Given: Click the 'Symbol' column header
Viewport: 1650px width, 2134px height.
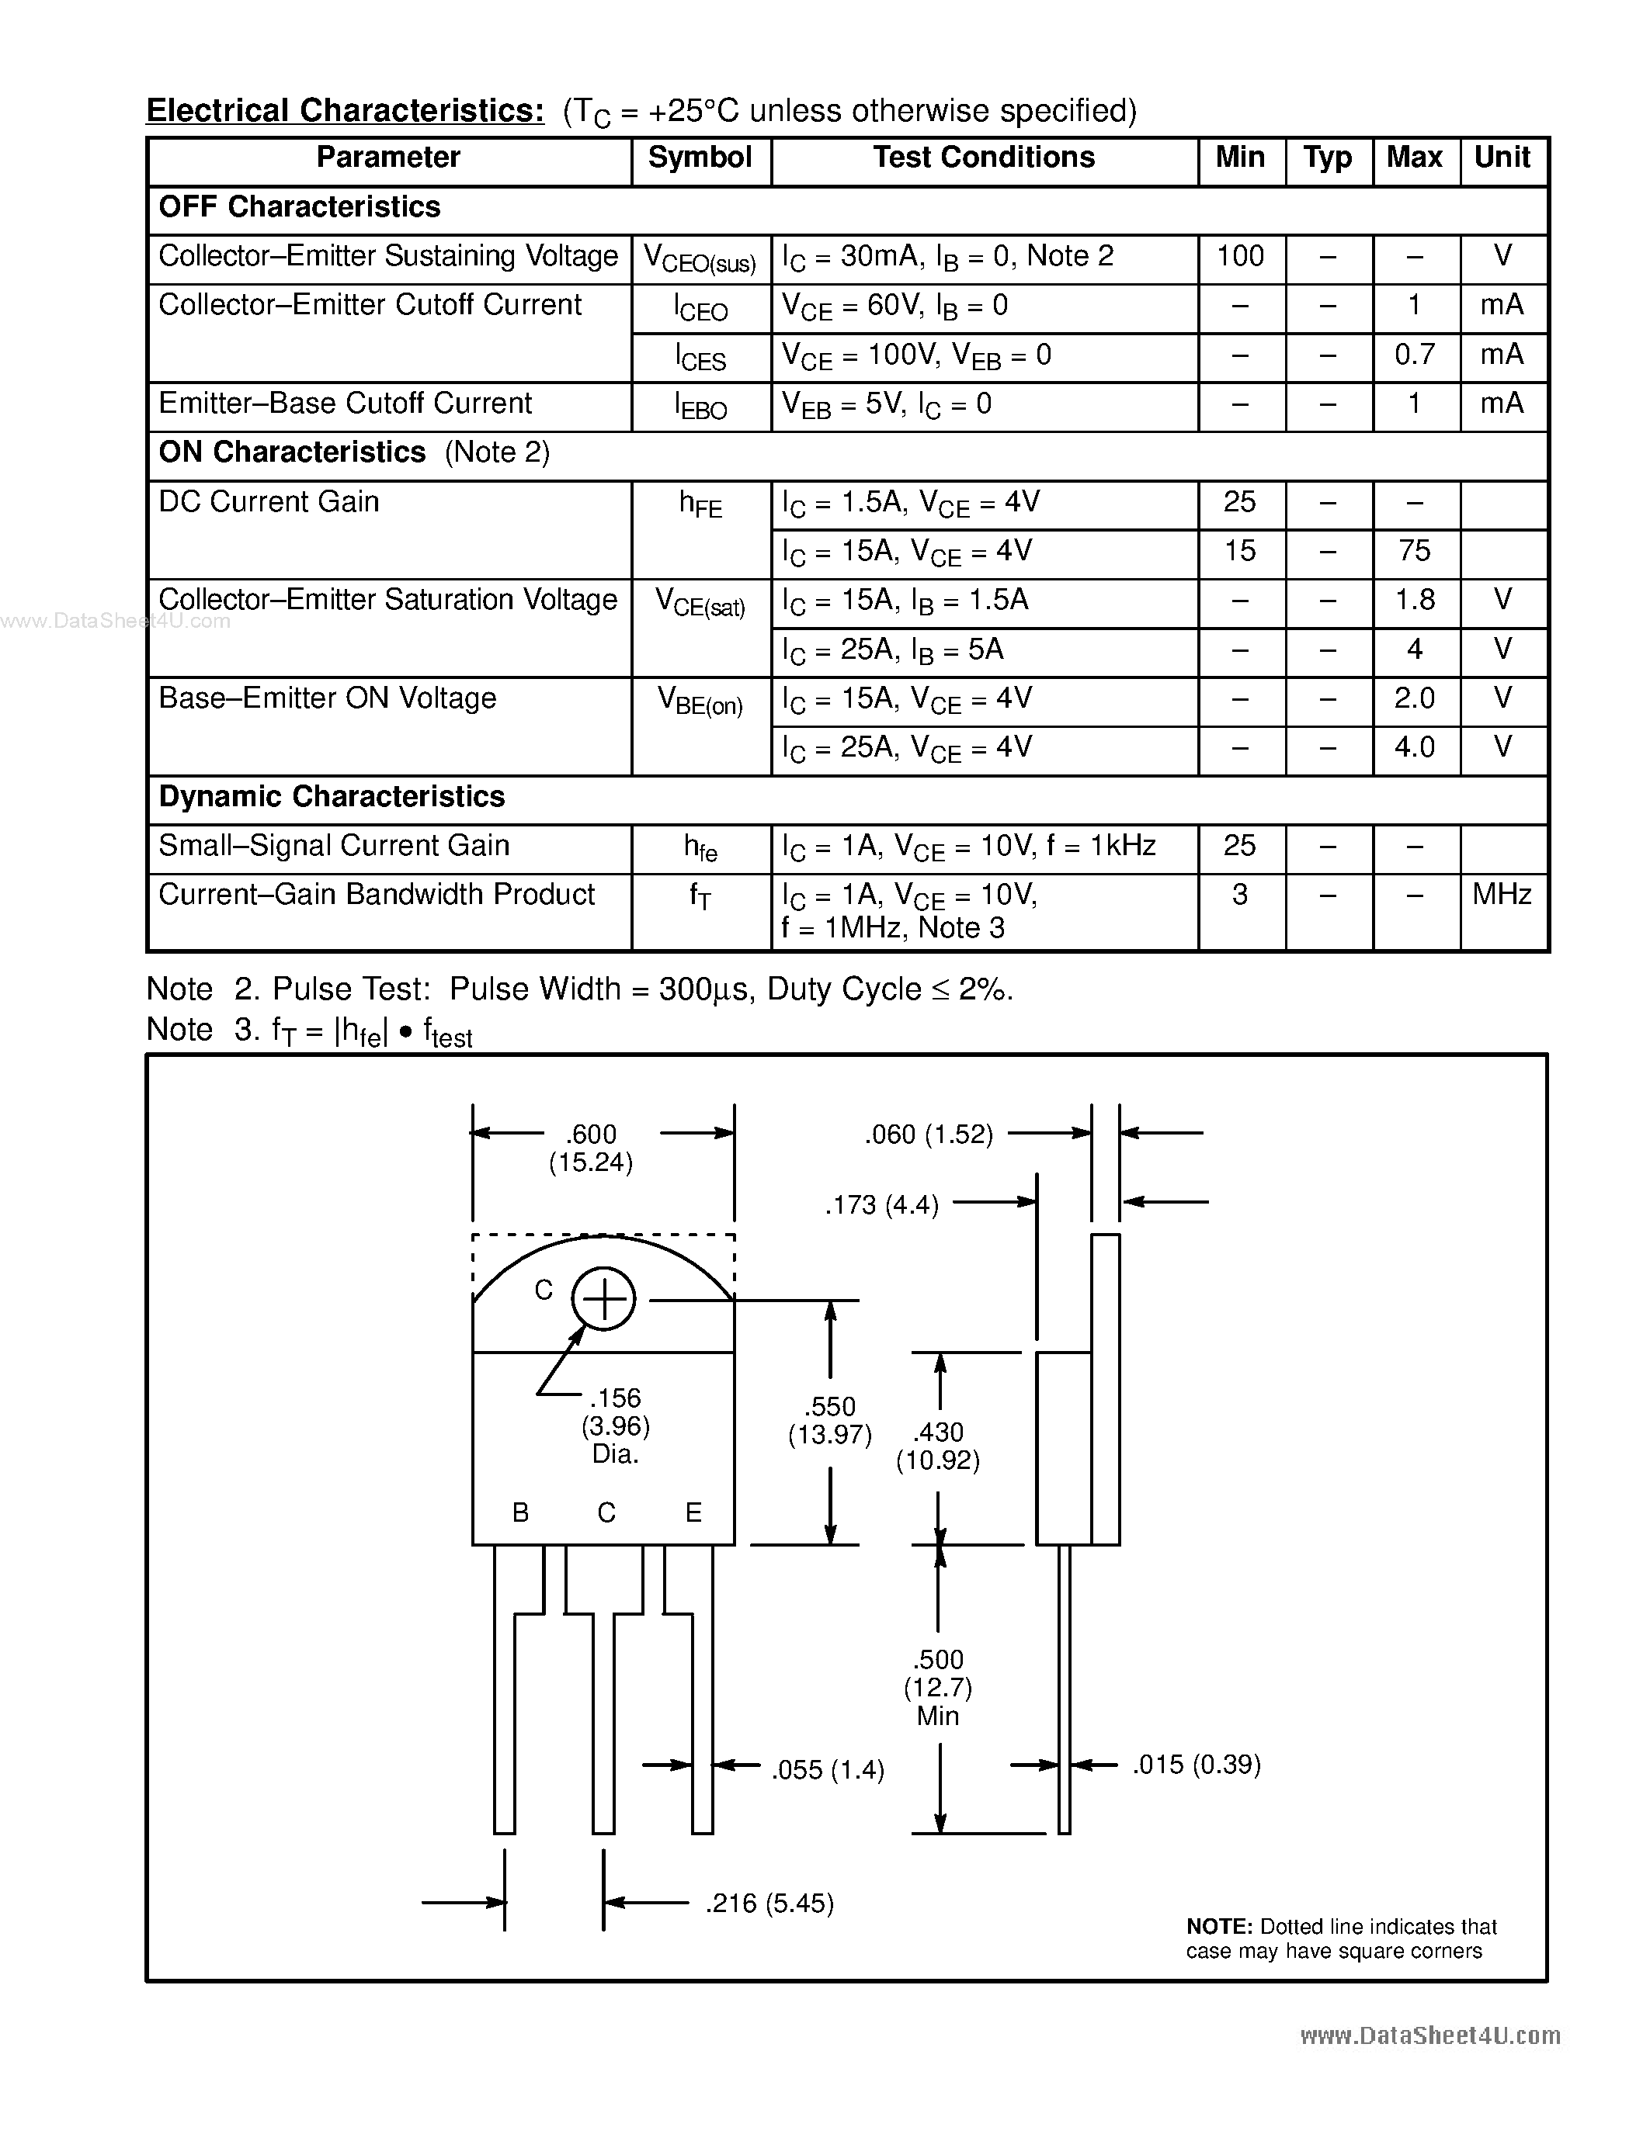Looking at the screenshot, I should pos(700,158).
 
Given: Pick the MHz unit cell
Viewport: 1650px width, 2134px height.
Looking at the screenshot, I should pos(1502,895).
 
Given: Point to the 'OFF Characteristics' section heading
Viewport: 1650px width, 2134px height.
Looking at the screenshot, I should pos(299,207).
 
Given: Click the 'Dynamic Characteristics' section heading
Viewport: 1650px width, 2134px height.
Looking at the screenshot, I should pos(332,797).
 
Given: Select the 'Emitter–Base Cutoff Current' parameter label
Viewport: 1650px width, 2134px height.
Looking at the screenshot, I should pos(345,404).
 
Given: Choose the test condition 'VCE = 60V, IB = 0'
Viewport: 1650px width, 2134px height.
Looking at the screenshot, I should pos(894,307).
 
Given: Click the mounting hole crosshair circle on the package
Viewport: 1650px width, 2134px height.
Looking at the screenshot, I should pos(603,1298).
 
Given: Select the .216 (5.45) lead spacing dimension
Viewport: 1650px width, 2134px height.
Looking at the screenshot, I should pos(769,1904).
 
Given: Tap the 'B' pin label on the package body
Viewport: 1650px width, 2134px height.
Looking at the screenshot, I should pos(521,1512).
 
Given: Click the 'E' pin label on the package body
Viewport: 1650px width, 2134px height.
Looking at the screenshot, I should pos(693,1512).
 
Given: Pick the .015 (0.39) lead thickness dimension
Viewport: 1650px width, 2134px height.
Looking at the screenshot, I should pos(1197,1765).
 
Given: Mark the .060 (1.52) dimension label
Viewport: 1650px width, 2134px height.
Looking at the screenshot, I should pos(929,1135).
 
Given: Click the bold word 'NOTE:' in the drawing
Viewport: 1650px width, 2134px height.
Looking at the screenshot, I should pos(1219,1927).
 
